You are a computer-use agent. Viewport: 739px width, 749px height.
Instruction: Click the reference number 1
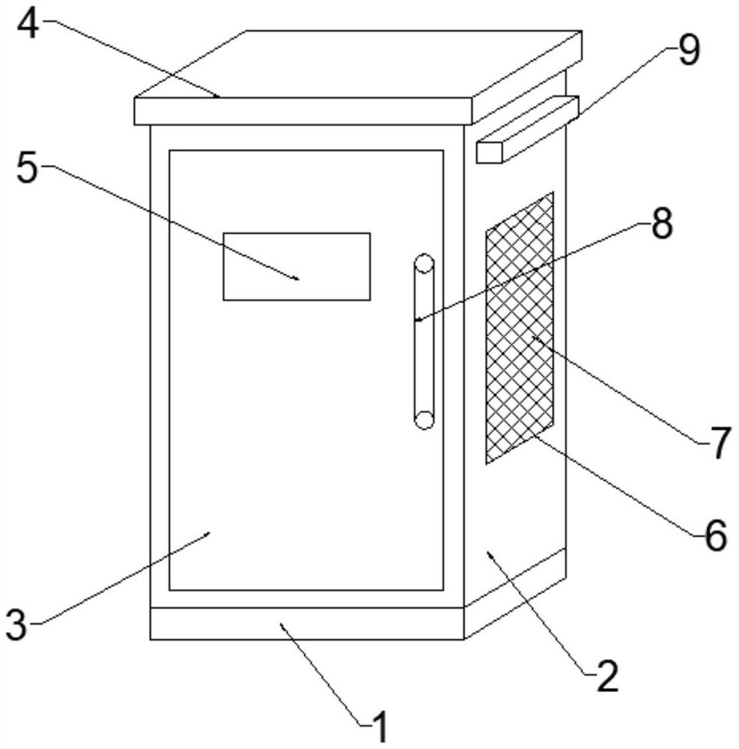coord(380,727)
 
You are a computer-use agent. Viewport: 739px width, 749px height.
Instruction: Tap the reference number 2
coord(607,677)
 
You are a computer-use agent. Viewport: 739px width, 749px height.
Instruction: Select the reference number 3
coord(16,625)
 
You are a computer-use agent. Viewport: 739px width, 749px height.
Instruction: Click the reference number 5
coord(27,169)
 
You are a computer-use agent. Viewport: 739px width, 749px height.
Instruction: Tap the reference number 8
coord(661,224)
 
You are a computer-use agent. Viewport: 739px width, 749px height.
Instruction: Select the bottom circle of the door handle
coord(425,420)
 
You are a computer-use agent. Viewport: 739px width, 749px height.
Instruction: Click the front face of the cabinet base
coord(307,623)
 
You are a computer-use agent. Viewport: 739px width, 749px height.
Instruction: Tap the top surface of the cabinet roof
coord(359,64)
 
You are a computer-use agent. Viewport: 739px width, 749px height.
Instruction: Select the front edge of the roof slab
coord(303,111)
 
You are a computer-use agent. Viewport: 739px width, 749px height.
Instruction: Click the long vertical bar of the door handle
coord(425,342)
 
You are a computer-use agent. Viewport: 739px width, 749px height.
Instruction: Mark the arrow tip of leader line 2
coord(488,553)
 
